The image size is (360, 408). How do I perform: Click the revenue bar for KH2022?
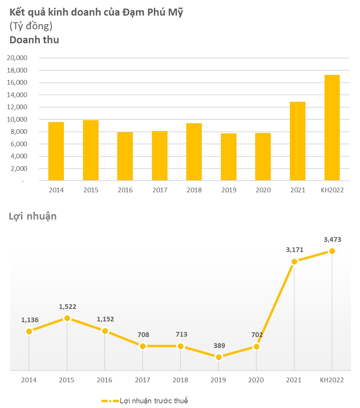pyautogui.click(x=332, y=128)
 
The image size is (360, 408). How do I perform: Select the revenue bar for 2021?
pyautogui.click(x=298, y=141)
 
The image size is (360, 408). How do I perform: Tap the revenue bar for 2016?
pyautogui.click(x=125, y=156)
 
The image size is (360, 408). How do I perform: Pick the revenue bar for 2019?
pyautogui.click(x=229, y=157)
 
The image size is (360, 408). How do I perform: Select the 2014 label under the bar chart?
pyautogui.click(x=56, y=190)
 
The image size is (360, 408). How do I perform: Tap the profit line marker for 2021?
pyautogui.click(x=294, y=261)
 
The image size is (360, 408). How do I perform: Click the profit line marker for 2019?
pyautogui.click(x=219, y=357)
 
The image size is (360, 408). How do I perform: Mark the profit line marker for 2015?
pyautogui.click(x=67, y=318)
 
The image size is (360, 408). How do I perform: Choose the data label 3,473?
pyautogui.click(x=332, y=240)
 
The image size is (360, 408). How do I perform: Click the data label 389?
pyautogui.click(x=219, y=346)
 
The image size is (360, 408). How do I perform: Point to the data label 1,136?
pyautogui.click(x=30, y=320)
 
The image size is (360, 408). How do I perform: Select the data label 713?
pyautogui.click(x=181, y=335)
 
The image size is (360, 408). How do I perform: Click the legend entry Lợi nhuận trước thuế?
pyautogui.click(x=145, y=401)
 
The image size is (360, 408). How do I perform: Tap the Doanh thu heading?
pyautogui.click(x=34, y=40)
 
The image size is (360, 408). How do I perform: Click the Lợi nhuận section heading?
pyautogui.click(x=33, y=216)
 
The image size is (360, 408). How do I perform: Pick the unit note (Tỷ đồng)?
pyautogui.click(x=31, y=26)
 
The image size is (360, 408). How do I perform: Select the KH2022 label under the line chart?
pyautogui.click(x=332, y=380)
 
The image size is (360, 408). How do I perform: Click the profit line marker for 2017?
pyautogui.click(x=143, y=346)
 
